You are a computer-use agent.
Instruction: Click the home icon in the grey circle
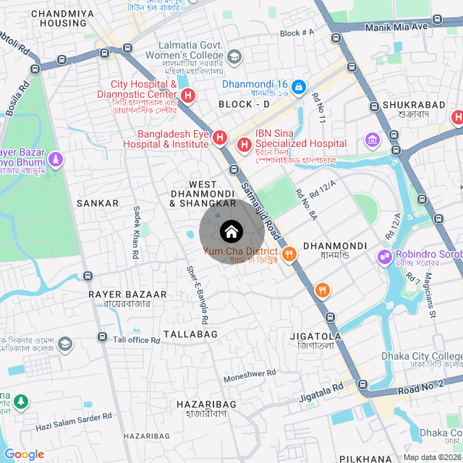231,231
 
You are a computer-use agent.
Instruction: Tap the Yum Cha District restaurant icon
289,253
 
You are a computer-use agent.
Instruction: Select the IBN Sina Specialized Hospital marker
243,145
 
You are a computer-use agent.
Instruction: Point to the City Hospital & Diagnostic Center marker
188,95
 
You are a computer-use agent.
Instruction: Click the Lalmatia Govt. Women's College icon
234,56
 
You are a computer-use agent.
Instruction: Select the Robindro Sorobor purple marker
383,255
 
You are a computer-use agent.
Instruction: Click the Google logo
24,454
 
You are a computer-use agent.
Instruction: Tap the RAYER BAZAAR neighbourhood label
127,294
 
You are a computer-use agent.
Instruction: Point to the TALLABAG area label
190,334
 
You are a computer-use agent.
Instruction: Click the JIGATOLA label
315,336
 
